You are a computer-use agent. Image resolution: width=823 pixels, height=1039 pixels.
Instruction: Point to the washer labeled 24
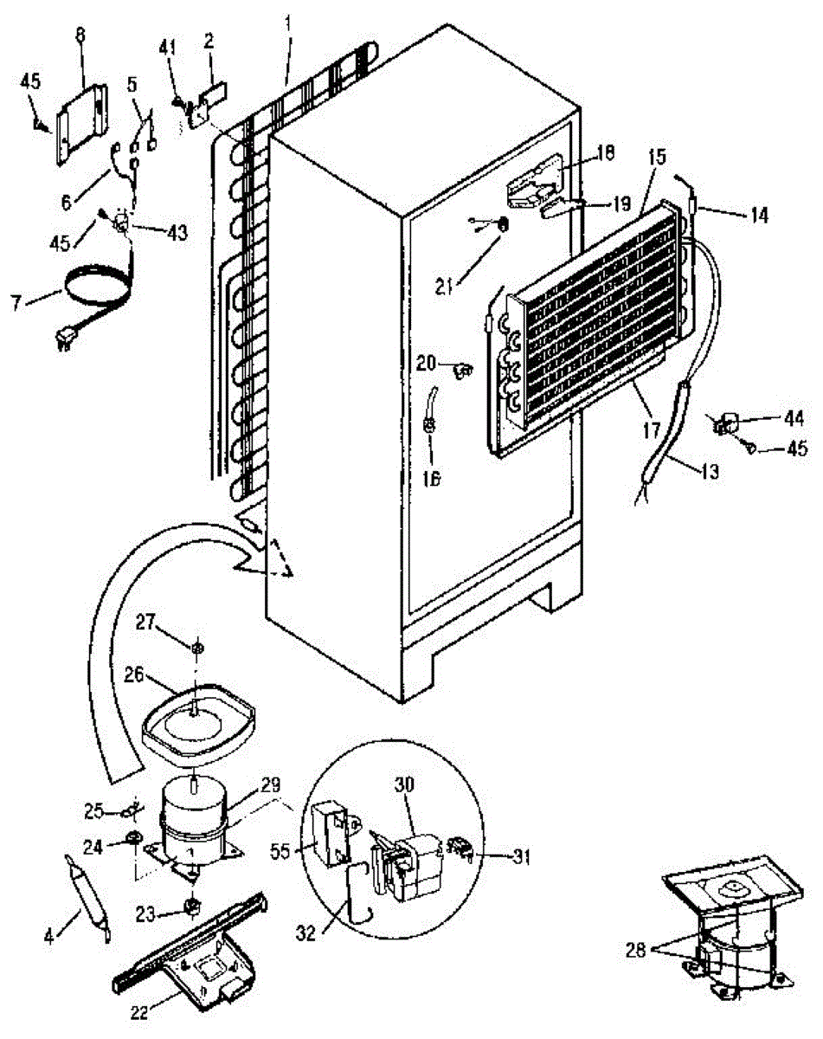pos(136,838)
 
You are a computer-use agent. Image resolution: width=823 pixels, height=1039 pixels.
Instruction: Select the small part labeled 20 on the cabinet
pos(461,371)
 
